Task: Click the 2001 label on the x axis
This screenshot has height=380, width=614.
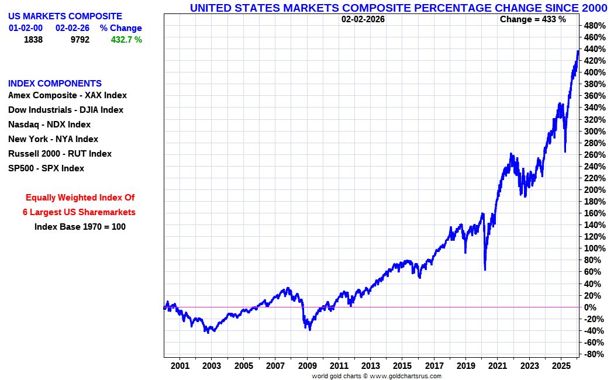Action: click(180, 366)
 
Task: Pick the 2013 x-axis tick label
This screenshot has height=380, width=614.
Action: click(370, 366)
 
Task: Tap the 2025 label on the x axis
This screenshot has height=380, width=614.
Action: click(561, 366)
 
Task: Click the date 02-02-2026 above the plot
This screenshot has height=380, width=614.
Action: click(363, 19)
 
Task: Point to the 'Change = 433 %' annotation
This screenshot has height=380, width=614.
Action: click(533, 19)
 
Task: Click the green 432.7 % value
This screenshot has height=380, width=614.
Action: click(126, 40)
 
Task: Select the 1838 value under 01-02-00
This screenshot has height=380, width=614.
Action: click(33, 40)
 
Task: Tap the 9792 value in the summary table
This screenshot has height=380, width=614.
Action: click(80, 40)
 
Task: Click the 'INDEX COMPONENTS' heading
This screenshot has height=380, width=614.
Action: click(55, 84)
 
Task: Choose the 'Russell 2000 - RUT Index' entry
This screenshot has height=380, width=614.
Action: click(60, 154)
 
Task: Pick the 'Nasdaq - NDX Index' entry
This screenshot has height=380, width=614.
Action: click(49, 125)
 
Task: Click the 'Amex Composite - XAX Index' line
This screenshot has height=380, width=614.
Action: click(67, 95)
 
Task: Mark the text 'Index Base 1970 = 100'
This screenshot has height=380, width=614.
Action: click(80, 226)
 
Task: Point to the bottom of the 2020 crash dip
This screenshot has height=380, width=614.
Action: click(485, 270)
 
